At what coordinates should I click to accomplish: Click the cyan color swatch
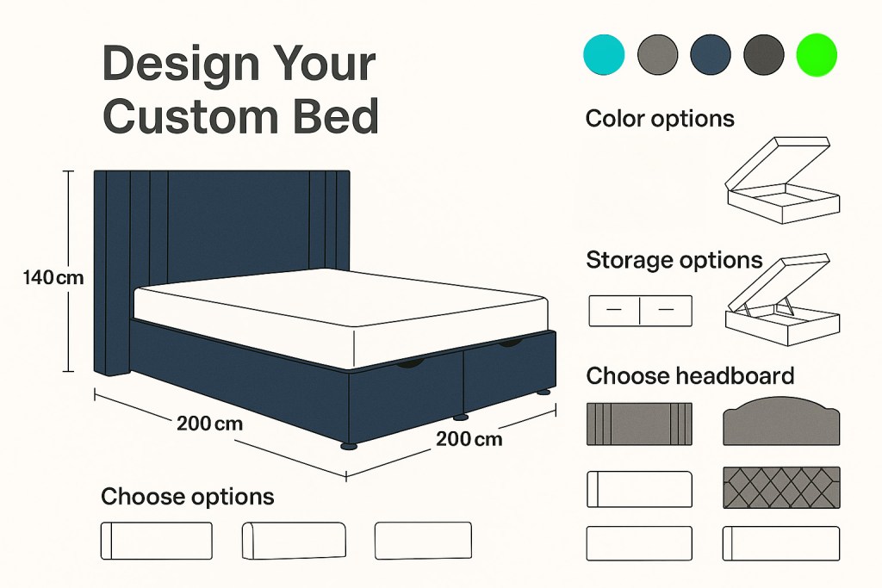click(x=605, y=54)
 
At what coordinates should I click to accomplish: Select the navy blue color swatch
click(x=711, y=54)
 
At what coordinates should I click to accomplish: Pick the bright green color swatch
click(x=816, y=54)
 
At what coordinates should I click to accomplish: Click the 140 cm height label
click(x=54, y=277)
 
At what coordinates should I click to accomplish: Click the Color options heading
click(x=660, y=119)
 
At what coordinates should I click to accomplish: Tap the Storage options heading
click(x=674, y=260)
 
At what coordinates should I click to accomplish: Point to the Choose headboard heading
click(x=690, y=376)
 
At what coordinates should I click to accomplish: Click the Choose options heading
click(x=188, y=497)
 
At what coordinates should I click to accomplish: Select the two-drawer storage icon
click(x=640, y=311)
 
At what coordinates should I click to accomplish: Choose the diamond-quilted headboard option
click(x=781, y=487)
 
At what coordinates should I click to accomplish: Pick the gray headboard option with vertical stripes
click(x=639, y=424)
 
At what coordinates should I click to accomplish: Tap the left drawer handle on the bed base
click(x=411, y=365)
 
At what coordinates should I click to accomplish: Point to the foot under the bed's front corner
click(x=348, y=446)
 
